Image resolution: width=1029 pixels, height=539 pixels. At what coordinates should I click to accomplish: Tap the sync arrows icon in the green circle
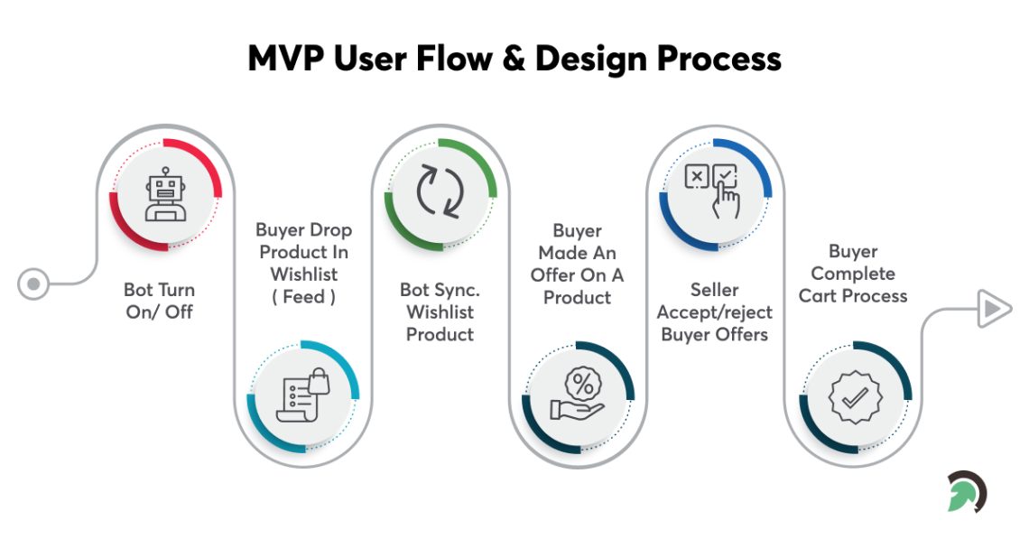[x=440, y=192]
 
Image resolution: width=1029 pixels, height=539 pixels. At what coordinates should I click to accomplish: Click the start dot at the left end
[x=33, y=284]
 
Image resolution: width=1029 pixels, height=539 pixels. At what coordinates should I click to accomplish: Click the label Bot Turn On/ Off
[x=159, y=301]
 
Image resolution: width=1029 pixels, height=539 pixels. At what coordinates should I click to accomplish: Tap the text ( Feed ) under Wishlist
[x=303, y=297]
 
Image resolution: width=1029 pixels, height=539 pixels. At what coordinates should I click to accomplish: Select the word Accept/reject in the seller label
[x=714, y=312]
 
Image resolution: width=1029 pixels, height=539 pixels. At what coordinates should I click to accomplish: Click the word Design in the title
[x=591, y=59]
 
